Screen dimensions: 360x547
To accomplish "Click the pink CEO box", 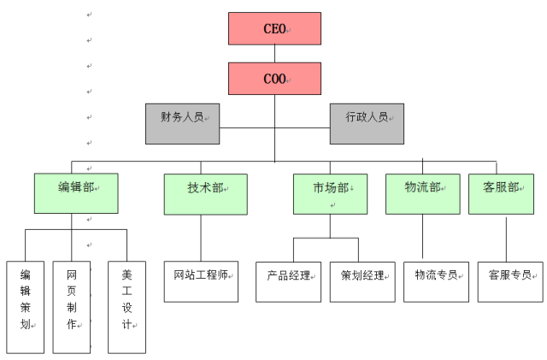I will [x=274, y=28].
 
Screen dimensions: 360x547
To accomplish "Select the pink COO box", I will [x=274, y=79].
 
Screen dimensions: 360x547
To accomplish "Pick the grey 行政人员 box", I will [x=367, y=124].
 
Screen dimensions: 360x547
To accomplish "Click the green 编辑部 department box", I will [x=75, y=193].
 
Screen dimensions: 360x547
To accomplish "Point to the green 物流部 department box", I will [x=422, y=193].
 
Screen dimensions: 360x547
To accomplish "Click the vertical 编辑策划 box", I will [x=26, y=307].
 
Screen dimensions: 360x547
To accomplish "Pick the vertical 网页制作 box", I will [x=72, y=307].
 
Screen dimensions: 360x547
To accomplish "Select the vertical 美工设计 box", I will [x=126, y=307].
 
